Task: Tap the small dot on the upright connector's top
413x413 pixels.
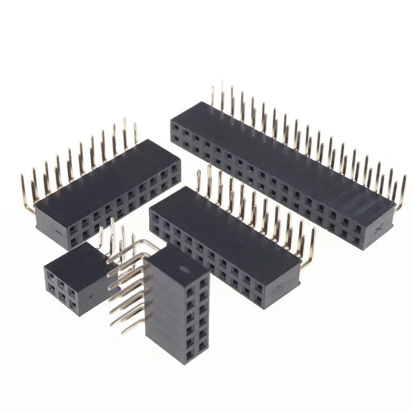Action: pos(183,269)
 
